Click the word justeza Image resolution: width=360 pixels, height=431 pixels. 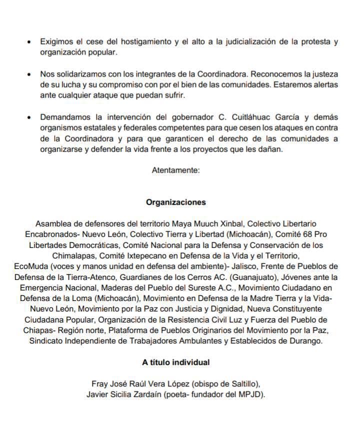pos(322,73)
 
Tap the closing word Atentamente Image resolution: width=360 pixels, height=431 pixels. pos(175,170)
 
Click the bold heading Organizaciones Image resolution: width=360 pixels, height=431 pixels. pos(175,202)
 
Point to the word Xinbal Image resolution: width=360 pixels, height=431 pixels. pos(230,223)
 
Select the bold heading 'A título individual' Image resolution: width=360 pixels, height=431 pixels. pos(175,362)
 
